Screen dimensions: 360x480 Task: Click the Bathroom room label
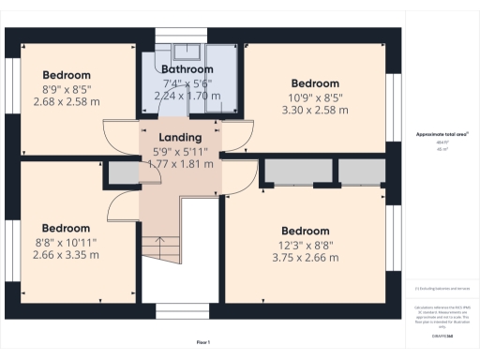point(187,69)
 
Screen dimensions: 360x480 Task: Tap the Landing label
point(181,137)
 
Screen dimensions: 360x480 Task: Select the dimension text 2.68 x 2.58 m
point(66,101)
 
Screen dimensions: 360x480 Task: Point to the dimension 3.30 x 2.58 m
point(316,109)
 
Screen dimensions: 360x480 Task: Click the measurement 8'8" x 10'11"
point(66,241)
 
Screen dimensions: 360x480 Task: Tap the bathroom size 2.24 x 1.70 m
point(187,95)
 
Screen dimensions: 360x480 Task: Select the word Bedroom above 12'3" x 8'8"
point(305,231)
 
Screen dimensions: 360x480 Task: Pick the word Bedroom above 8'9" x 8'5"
point(66,75)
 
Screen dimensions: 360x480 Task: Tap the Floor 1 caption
point(203,341)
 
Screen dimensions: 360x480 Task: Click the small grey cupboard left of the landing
point(121,174)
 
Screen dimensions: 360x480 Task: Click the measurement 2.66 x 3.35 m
point(66,254)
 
